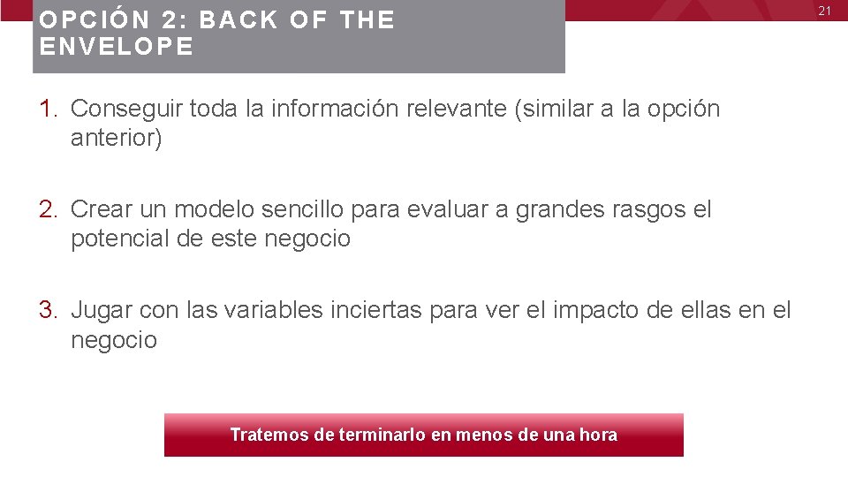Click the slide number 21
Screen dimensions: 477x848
pyautogui.click(x=826, y=11)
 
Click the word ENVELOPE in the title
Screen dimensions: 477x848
pyautogui.click(x=116, y=48)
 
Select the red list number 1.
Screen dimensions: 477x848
pyautogui.click(x=48, y=110)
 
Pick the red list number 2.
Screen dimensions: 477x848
pyautogui.click(x=48, y=210)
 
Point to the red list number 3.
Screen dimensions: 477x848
pyautogui.click(x=48, y=311)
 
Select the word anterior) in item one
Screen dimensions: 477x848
pyautogui.click(x=117, y=139)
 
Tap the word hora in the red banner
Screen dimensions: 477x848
pyautogui.click(x=598, y=435)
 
